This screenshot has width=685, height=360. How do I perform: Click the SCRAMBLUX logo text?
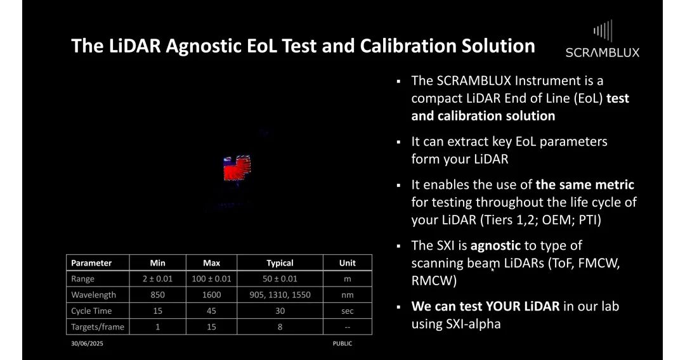[x=603, y=53]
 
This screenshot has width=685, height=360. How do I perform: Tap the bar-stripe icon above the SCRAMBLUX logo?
[x=603, y=31]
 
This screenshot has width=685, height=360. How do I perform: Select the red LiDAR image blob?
[x=237, y=168]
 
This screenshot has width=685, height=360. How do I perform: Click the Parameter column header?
[x=91, y=263]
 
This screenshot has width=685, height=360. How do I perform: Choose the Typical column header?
[x=280, y=263]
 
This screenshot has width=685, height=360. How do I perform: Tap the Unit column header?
[x=348, y=263]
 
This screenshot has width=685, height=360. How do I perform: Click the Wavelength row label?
[x=93, y=295]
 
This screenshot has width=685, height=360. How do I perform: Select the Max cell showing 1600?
[x=211, y=295]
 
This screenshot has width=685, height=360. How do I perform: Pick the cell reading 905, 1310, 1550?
[x=280, y=295]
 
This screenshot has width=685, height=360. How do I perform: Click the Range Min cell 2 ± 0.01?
[x=158, y=279]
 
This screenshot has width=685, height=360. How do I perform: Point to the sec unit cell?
[x=348, y=311]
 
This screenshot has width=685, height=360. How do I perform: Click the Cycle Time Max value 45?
[x=211, y=311]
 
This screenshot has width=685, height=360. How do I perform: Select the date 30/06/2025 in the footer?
[x=87, y=344]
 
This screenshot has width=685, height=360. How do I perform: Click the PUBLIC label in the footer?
[x=342, y=344]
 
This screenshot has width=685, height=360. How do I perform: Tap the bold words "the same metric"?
[x=585, y=184]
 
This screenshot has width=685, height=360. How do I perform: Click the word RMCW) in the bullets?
[x=434, y=281]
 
